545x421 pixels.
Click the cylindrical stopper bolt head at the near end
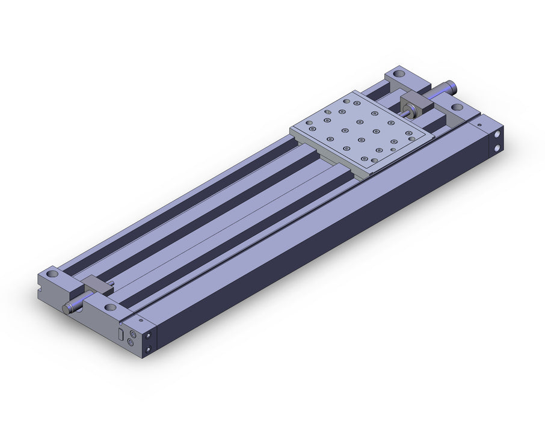point(66,309)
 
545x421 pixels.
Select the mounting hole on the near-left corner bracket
point(55,276)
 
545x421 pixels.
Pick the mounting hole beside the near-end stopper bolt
point(111,307)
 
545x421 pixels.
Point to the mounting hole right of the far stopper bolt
point(457,107)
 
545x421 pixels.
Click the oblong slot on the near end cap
point(120,334)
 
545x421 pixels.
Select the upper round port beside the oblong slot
point(133,333)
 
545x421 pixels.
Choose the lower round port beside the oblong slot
point(133,343)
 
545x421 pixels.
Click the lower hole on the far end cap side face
point(497,146)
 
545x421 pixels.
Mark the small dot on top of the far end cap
point(479,125)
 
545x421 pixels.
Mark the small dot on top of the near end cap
point(140,321)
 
